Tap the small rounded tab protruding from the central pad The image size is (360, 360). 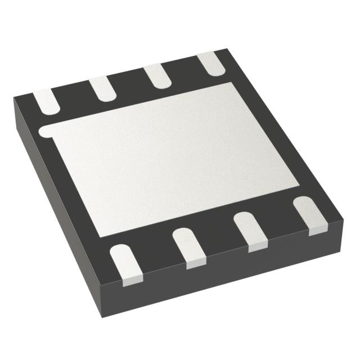coord(45,132)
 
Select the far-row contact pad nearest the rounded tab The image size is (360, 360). coord(45,101)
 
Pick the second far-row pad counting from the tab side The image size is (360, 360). coord(102,88)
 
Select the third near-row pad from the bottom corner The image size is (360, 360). coord(249,231)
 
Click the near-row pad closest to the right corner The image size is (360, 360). coord(309,214)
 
